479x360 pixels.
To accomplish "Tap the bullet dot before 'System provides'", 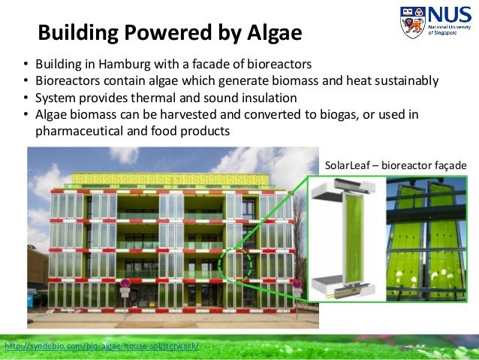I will click(26, 98).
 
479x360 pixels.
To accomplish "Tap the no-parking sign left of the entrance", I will click(125, 284).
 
